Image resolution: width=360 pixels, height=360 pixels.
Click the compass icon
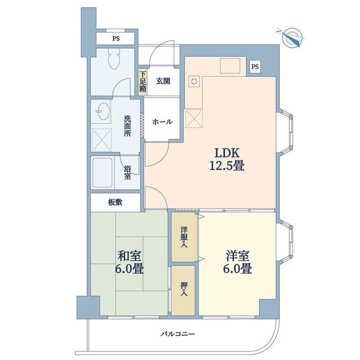(x=291, y=38)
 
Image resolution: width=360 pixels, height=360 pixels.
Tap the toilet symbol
(x=114, y=58)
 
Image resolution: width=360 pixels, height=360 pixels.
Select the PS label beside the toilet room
(x=116, y=39)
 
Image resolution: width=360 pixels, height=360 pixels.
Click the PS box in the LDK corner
(x=255, y=67)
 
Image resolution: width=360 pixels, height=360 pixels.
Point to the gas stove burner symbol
(x=194, y=81)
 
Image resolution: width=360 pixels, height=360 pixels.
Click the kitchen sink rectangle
(x=230, y=65)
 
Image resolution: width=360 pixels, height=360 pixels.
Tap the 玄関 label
(x=163, y=81)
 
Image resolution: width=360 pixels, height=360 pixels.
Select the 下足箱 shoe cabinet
(x=142, y=82)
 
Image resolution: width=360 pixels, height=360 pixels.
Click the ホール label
(x=162, y=121)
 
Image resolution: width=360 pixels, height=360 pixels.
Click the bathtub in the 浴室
(x=103, y=173)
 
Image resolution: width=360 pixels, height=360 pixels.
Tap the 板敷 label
(x=115, y=202)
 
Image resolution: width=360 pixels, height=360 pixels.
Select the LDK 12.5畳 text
(x=227, y=159)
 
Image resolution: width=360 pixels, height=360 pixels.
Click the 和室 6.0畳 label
(x=130, y=262)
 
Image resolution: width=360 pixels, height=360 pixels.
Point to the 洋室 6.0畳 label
(x=238, y=262)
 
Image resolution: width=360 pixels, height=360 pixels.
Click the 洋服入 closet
(x=184, y=237)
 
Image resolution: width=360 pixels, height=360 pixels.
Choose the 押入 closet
(x=184, y=290)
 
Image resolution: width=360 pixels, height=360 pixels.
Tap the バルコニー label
(x=178, y=333)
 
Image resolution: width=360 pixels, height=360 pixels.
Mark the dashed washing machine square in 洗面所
(x=102, y=140)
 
